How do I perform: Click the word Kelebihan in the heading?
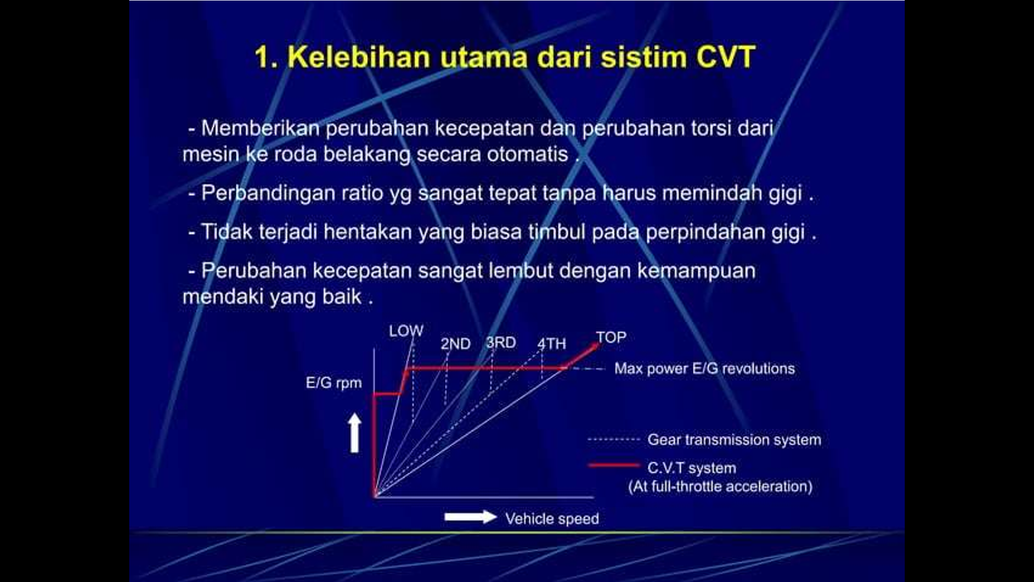[x=359, y=57]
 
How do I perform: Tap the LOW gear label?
[x=406, y=331]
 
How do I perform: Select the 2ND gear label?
[x=456, y=344]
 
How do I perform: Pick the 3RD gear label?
[x=501, y=343]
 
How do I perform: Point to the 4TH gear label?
[x=551, y=344]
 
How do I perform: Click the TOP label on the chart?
[x=611, y=337]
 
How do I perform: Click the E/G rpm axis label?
[x=334, y=383]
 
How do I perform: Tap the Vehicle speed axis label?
[x=552, y=518]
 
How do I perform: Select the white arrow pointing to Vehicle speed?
[x=470, y=517]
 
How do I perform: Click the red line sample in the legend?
[x=613, y=465]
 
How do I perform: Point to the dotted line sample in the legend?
[x=613, y=440]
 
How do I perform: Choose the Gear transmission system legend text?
[x=734, y=440]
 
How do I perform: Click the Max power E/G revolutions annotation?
[x=704, y=369]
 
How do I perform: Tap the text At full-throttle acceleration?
[x=720, y=487]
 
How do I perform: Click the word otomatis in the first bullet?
[x=527, y=155]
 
